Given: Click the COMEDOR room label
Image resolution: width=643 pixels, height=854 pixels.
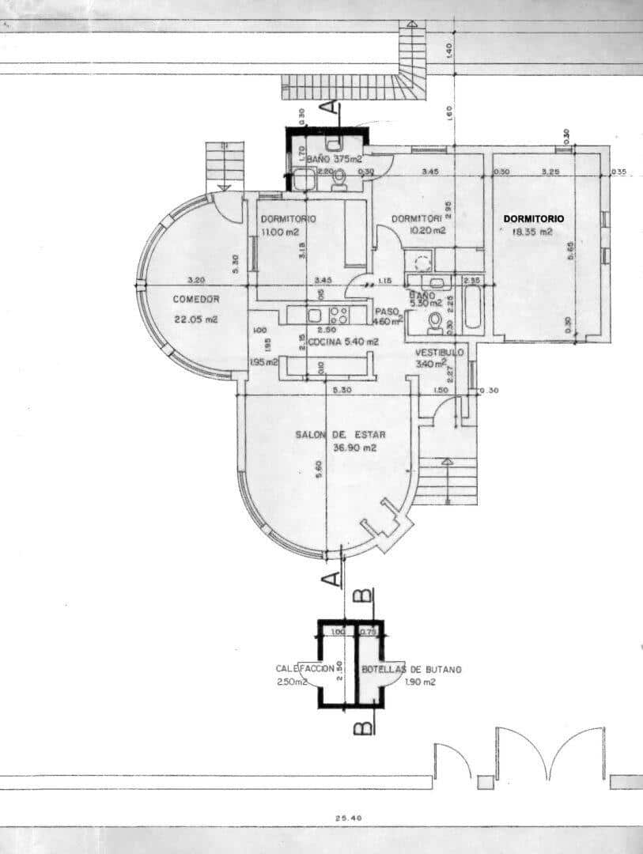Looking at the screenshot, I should pyautogui.click(x=195, y=299).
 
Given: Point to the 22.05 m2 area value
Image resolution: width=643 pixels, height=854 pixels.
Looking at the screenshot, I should pyautogui.click(x=195, y=320).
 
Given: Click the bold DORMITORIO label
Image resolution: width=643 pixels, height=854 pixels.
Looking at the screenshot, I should pyautogui.click(x=534, y=217).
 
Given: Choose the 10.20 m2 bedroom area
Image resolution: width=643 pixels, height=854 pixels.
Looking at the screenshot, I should pyautogui.click(x=429, y=231).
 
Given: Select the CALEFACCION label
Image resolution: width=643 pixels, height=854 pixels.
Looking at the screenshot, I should pyautogui.click(x=300, y=668).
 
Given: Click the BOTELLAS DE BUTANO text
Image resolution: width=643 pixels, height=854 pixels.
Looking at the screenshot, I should pyautogui.click(x=411, y=669).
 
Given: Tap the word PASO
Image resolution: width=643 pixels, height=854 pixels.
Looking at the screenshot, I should pyautogui.click(x=386, y=311).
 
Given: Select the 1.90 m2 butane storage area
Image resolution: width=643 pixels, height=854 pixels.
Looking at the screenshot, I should pyautogui.click(x=420, y=682).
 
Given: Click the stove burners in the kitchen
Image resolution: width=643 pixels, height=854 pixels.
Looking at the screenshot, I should pyautogui.click(x=339, y=314).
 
